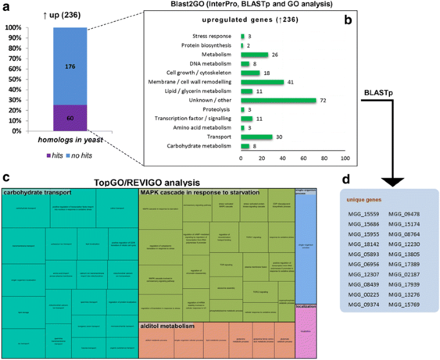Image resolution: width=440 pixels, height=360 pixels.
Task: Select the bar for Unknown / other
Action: coord(279,100)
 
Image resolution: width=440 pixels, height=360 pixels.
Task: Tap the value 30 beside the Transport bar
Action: coord(279,137)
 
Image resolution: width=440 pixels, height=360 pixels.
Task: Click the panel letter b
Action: coord(348,21)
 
